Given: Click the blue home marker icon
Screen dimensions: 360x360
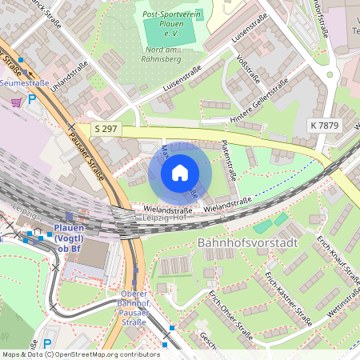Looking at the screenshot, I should [180, 173].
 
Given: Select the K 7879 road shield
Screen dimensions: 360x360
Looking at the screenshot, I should [323, 125].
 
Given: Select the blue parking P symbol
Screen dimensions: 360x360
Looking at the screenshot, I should [32, 99].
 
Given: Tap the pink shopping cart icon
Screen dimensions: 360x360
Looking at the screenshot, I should [16, 102].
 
